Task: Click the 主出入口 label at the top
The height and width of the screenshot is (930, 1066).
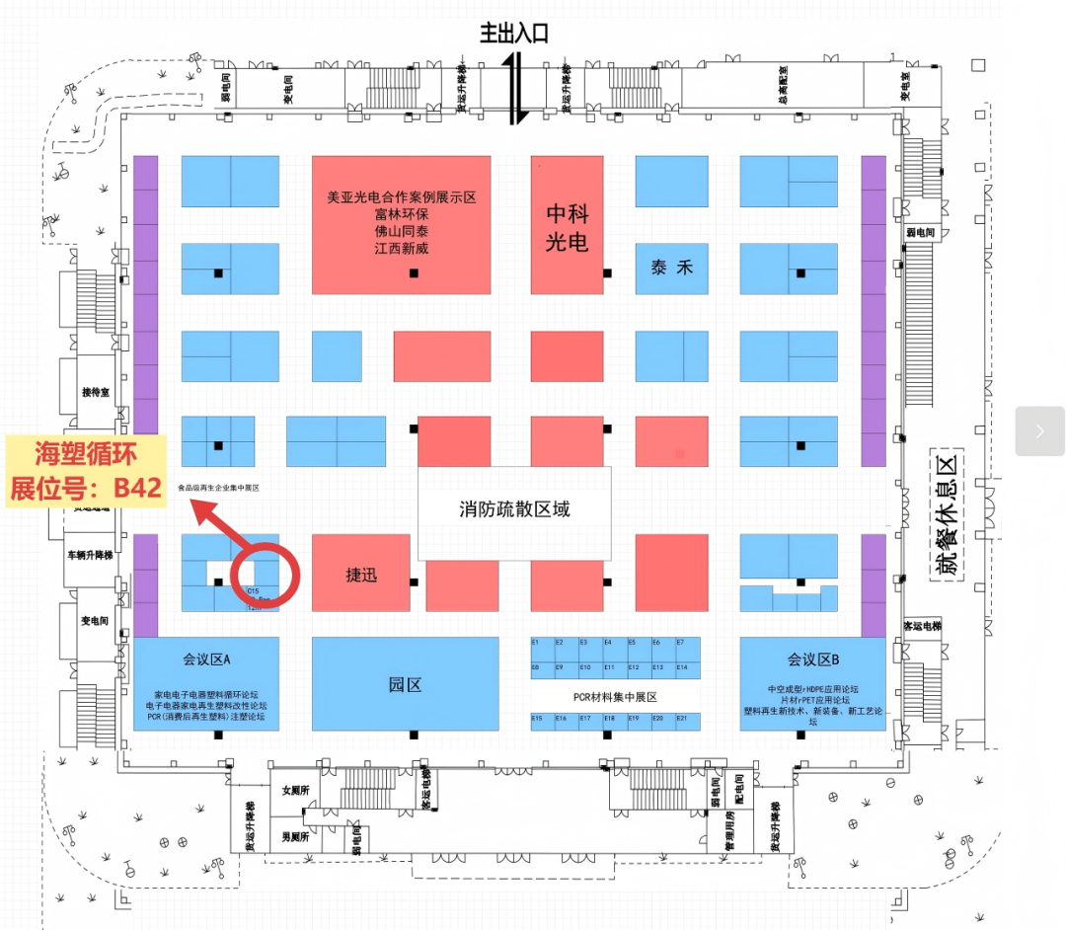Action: tap(513, 34)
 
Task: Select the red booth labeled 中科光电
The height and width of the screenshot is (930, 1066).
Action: tap(567, 226)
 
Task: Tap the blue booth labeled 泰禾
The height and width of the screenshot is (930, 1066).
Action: tap(671, 268)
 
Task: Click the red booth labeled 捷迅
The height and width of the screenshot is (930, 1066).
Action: tap(361, 575)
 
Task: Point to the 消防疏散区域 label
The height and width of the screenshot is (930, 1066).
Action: tap(514, 510)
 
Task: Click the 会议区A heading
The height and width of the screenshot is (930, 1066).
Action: tap(206, 659)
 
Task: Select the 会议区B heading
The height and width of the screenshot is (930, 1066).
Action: tap(813, 659)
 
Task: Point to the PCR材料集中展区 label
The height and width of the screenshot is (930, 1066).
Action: tap(615, 697)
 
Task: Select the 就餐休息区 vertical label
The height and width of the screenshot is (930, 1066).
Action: tap(948, 514)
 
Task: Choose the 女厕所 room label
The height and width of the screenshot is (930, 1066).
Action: tap(295, 791)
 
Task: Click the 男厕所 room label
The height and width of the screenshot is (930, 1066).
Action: tap(295, 836)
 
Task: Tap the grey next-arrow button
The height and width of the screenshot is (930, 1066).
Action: tap(1039, 431)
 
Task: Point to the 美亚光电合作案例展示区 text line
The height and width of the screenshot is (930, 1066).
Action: tap(402, 197)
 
